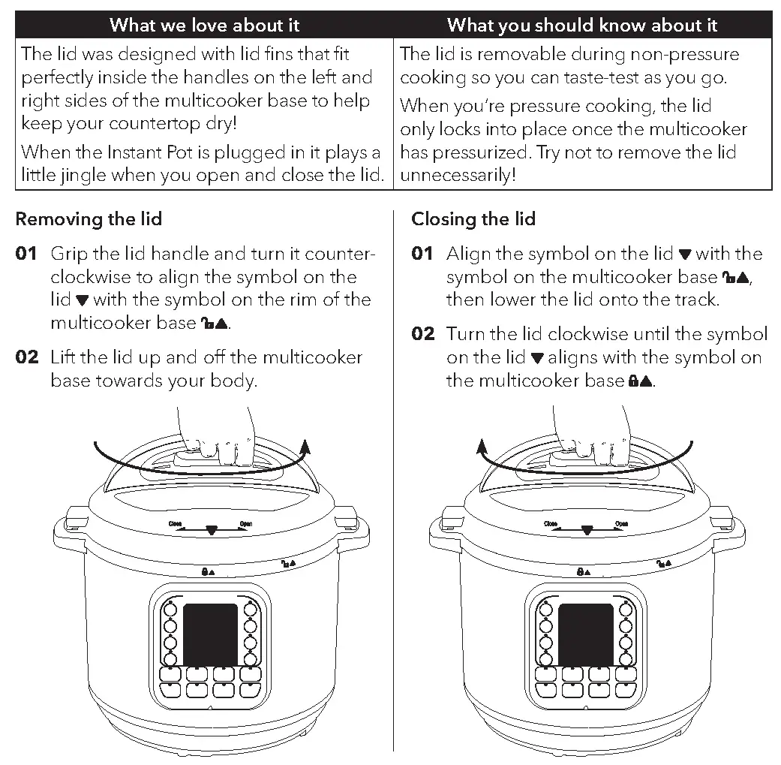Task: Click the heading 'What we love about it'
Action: (204, 25)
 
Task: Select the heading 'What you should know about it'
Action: (582, 25)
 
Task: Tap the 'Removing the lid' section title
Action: (89, 219)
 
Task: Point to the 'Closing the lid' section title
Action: (473, 219)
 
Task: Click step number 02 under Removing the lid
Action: (27, 357)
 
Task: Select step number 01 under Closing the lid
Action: (423, 254)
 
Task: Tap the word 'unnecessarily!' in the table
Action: (458, 175)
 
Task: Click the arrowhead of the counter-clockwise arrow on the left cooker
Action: (305, 447)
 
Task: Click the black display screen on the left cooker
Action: (210, 634)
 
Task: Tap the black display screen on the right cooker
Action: (585, 634)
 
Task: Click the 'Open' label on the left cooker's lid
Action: (245, 524)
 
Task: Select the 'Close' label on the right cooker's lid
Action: (551, 524)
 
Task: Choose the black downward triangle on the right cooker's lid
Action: (587, 530)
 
